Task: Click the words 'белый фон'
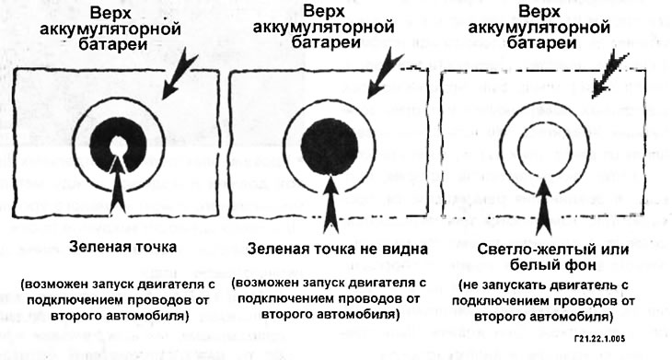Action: click(x=544, y=266)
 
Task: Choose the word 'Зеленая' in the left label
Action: click(x=95, y=245)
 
